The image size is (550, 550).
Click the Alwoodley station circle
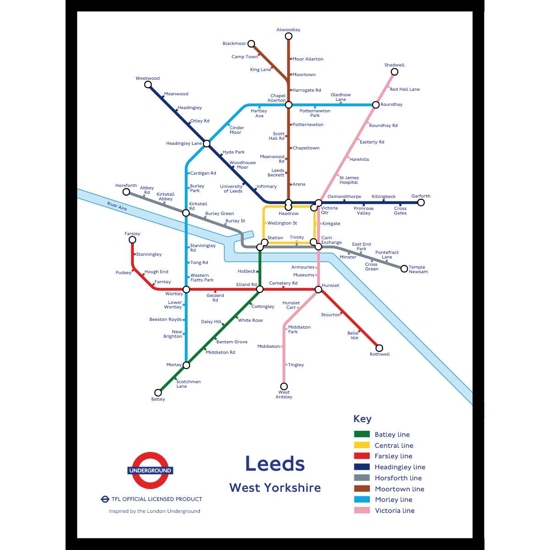(x=288, y=36)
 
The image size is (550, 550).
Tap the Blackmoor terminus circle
(x=251, y=44)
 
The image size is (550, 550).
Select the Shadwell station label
(x=394, y=65)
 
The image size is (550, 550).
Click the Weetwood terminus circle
(x=148, y=85)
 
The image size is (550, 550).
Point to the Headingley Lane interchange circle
(x=207, y=143)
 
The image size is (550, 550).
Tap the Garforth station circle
(x=421, y=203)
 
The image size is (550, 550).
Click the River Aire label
(x=117, y=206)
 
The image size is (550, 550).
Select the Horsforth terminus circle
(x=126, y=192)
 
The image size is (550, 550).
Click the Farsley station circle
(x=132, y=240)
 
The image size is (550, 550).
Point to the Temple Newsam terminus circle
(x=404, y=269)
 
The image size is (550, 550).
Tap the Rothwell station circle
(x=379, y=348)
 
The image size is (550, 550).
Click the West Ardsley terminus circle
(x=284, y=386)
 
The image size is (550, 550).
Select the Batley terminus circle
(x=158, y=392)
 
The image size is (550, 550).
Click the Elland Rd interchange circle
(x=260, y=289)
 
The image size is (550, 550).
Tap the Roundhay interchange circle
(x=376, y=105)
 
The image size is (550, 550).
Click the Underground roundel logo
(x=150, y=470)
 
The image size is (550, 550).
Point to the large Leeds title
(x=275, y=464)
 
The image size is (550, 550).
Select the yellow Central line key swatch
(x=362, y=445)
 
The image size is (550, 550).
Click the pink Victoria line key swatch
(x=362, y=510)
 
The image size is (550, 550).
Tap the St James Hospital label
(x=349, y=180)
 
